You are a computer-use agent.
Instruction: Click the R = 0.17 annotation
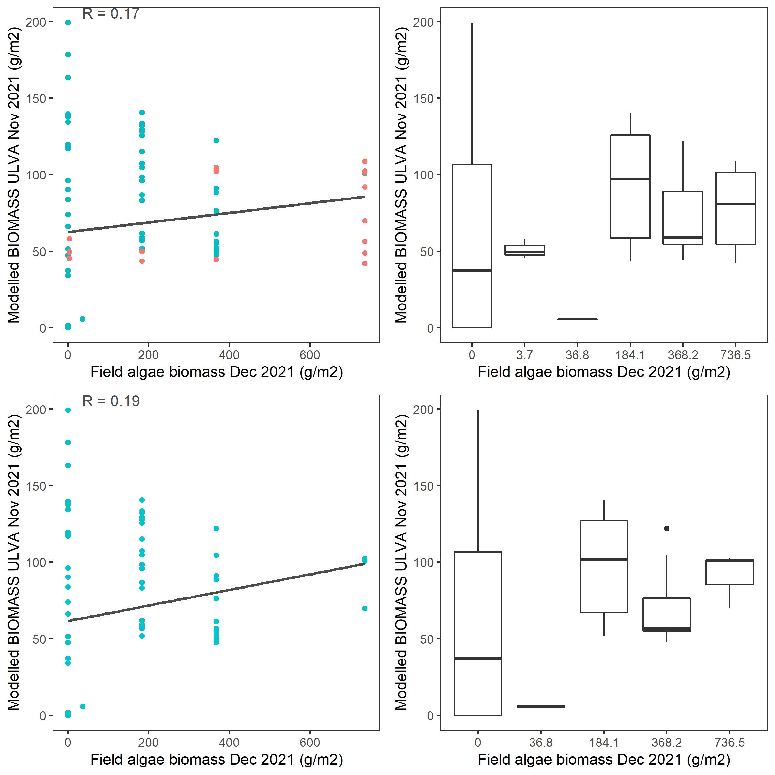click(x=111, y=14)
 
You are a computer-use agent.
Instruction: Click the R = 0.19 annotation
click(x=111, y=401)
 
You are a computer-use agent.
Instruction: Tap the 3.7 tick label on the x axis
click(x=524, y=355)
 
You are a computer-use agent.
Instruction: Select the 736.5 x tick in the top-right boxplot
click(x=735, y=355)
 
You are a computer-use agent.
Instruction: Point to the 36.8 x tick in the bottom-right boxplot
click(x=541, y=743)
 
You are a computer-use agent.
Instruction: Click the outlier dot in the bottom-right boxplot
click(x=667, y=528)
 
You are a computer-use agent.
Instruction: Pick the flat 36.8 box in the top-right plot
click(x=577, y=319)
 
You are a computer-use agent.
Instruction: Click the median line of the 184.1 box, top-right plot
click(x=630, y=179)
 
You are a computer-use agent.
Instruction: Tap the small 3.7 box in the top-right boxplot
click(x=524, y=250)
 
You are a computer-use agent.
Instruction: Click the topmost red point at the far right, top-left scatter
click(x=365, y=161)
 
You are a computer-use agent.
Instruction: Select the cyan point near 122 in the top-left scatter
click(x=216, y=141)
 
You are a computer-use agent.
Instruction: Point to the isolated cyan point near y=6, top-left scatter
click(x=83, y=319)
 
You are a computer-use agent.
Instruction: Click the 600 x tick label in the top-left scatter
click(x=310, y=355)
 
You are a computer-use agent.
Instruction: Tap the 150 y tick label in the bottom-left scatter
click(x=36, y=486)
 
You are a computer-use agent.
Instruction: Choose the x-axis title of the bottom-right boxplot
click(x=604, y=759)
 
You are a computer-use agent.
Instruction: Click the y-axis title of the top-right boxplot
click(x=401, y=175)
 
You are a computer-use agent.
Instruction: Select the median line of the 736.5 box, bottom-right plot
click(x=730, y=561)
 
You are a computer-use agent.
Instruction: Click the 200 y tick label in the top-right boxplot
click(x=424, y=22)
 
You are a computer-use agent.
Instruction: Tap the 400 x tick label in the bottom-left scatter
click(x=229, y=743)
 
